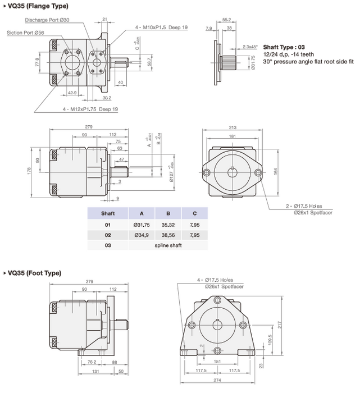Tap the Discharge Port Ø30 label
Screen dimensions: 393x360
[63, 20]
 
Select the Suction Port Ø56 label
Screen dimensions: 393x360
[25, 33]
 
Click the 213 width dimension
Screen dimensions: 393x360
[232, 128]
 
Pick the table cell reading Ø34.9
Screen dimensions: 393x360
[142, 235]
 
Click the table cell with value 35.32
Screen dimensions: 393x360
[168, 225]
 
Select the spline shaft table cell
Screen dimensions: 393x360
[168, 246]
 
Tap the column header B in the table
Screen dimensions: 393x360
[168, 213]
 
